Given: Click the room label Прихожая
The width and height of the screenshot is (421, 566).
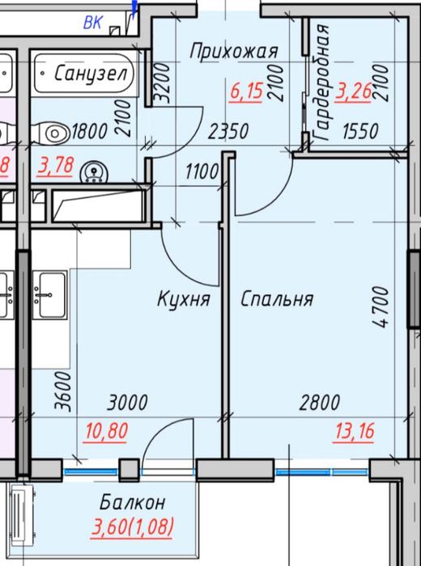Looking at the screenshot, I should click(x=234, y=52).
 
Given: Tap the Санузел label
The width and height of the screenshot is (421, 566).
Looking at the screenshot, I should click(x=91, y=74).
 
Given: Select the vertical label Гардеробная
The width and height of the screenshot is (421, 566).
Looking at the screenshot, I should click(x=322, y=83).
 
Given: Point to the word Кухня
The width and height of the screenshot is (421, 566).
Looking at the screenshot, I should click(x=184, y=299).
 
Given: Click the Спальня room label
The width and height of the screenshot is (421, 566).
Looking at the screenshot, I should click(x=277, y=299).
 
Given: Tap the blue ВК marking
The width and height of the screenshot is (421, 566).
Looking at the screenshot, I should click(x=93, y=23).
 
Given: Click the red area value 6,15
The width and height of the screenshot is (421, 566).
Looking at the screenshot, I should click(x=246, y=91).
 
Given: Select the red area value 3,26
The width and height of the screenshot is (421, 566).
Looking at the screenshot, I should click(x=353, y=91).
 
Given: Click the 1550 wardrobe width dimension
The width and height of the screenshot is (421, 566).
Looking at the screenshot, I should click(x=359, y=131).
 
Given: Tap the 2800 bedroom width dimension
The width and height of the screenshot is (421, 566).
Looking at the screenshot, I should click(x=319, y=402).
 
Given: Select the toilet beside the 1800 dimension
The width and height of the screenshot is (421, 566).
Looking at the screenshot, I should click(x=53, y=130).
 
